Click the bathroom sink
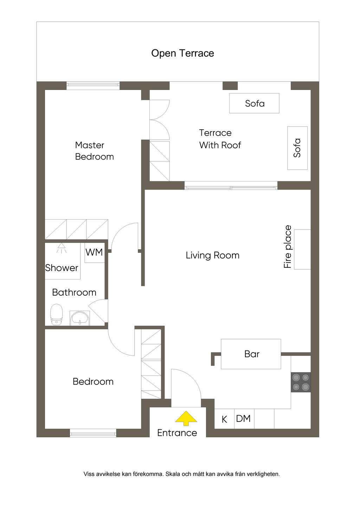[79, 318]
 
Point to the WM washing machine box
[95, 253]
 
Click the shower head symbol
[62, 248]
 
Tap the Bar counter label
[252, 354]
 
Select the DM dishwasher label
[243, 419]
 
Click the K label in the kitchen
[224, 419]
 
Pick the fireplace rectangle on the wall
[302, 249]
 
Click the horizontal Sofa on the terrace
[254, 103]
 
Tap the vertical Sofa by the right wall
[297, 148]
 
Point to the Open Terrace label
[182, 53]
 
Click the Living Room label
[212, 256]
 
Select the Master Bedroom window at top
[93, 86]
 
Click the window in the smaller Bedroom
[93, 433]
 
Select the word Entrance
[177, 433]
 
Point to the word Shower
[62, 268]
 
